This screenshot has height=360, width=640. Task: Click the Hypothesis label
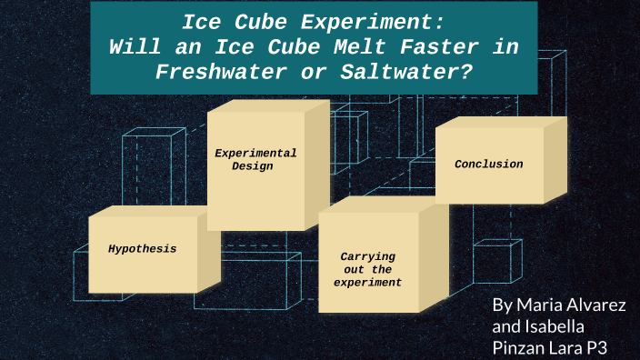click(x=142, y=248)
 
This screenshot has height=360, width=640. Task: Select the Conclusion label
click(x=489, y=165)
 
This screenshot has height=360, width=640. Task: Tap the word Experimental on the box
click(x=255, y=153)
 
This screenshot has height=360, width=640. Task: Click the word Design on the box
click(x=252, y=166)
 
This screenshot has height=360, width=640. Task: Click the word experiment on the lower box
click(x=367, y=283)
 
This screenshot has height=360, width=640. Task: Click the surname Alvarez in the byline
click(x=604, y=304)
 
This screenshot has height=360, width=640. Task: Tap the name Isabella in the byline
click(x=553, y=325)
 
